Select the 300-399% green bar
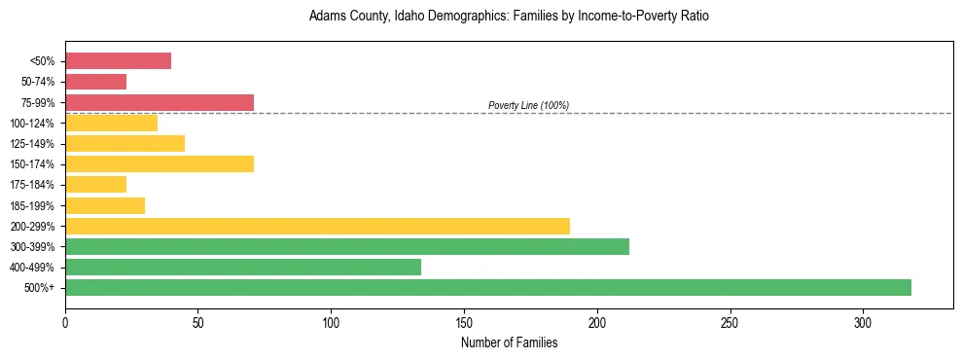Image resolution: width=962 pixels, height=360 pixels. click(x=347, y=246)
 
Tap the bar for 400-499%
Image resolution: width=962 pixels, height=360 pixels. click(x=243, y=267)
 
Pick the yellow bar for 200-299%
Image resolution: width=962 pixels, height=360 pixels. click(x=317, y=226)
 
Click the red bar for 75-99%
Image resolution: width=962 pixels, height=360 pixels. click(x=160, y=102)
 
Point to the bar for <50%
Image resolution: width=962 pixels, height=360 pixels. click(x=118, y=61)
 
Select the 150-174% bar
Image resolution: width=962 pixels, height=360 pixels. click(x=160, y=163)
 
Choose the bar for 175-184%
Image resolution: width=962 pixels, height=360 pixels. click(x=95, y=184)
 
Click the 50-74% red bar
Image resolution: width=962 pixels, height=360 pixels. click(x=95, y=82)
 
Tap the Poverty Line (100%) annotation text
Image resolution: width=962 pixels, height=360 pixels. click(x=528, y=105)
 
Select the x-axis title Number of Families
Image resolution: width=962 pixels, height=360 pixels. click(x=509, y=342)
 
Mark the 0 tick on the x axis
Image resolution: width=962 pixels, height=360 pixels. click(x=65, y=321)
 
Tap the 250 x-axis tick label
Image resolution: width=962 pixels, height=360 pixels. click(x=730, y=321)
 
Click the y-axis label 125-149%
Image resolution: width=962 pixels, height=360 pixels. click(x=32, y=144)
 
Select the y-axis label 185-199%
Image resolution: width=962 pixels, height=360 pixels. click(x=32, y=205)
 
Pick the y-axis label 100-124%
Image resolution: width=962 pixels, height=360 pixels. click(x=32, y=124)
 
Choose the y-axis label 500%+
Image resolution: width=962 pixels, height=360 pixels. click(x=39, y=288)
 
